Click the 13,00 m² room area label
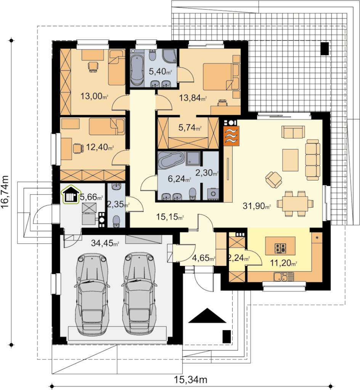[x=94, y=96]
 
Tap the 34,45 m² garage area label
[x=105, y=243]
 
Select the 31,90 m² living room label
[x=257, y=206]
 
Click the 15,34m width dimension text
[x=190, y=380]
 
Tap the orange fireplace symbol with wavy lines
[x=231, y=135]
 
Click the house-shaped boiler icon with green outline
[x=71, y=194]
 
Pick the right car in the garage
[x=140, y=293]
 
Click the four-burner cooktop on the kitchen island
[x=280, y=248]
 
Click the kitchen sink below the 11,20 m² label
[x=284, y=277]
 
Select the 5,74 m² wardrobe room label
[x=190, y=128]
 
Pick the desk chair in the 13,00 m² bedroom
[x=93, y=67]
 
